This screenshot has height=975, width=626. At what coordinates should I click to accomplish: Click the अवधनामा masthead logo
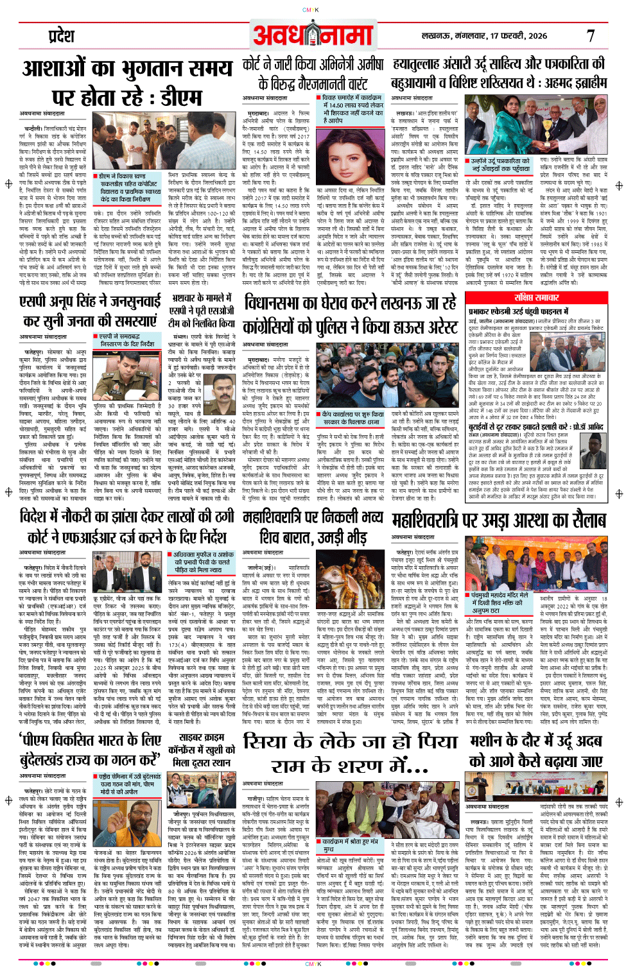point(313,35)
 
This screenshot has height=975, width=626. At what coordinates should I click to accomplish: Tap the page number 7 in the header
point(590,36)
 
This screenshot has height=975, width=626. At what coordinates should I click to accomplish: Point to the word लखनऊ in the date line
point(435,36)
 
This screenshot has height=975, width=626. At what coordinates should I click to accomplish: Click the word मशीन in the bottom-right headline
point(490,740)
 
